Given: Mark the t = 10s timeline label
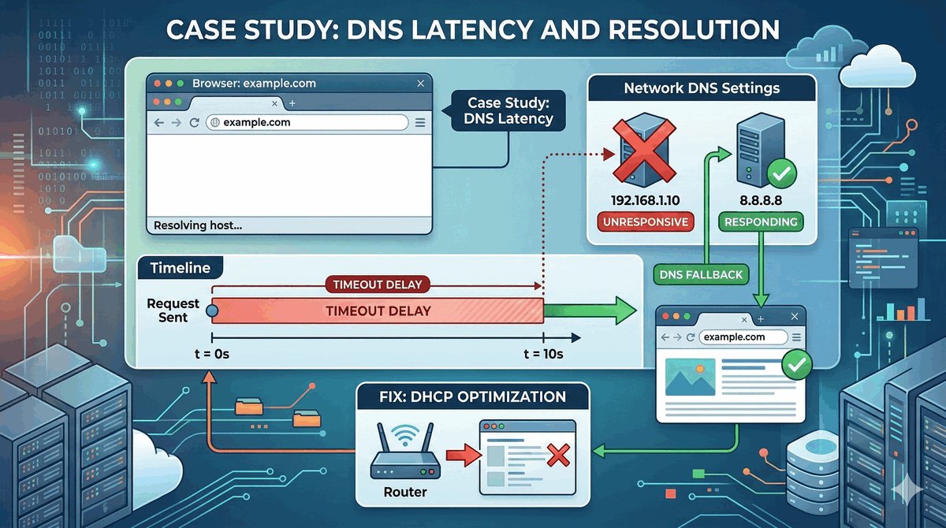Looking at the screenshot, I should pos(543,354).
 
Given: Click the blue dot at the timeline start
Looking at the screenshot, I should pos(211,310).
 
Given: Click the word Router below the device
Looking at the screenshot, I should pos(406,492).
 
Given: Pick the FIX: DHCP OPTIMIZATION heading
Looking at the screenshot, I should pos(471,396).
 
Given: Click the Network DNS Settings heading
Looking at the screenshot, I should pos(701,87).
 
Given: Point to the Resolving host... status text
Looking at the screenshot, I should pos(198,225).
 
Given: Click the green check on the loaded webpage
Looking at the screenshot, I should pos(795,364).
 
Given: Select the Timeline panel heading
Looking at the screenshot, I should pos(180,268).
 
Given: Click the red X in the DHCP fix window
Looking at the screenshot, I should pos(558,455).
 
